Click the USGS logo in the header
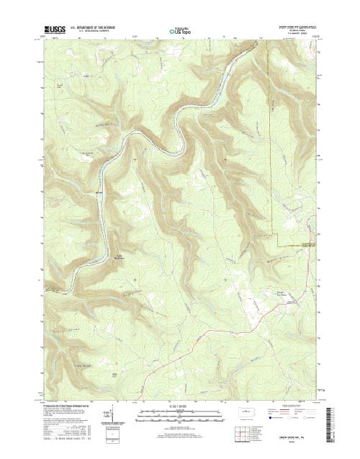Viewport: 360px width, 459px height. point(51,31)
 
